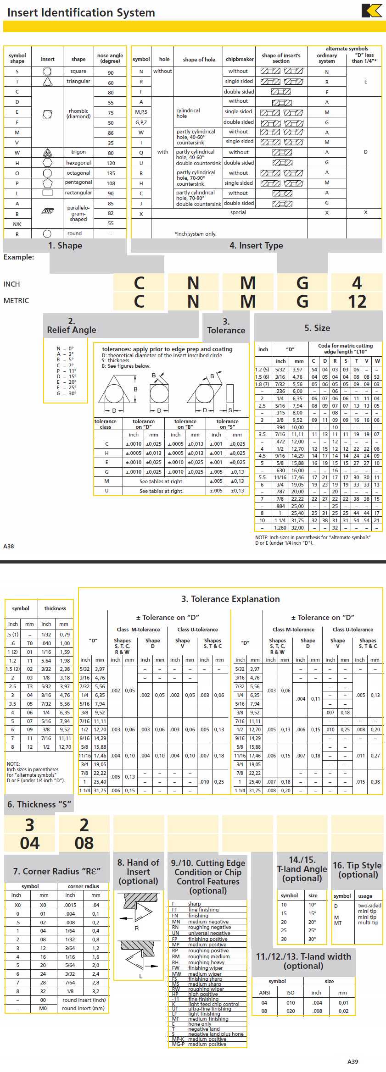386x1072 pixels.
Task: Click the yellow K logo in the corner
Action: [372, 11]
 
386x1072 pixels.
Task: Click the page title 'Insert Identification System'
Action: [81, 12]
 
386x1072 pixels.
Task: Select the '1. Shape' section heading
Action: [65, 246]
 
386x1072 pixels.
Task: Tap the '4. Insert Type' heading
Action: [256, 246]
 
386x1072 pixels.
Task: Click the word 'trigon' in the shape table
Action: [78, 152]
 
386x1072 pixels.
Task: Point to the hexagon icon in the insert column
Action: [47, 163]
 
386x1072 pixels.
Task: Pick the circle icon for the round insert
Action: [47, 234]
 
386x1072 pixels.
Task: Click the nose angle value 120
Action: [111, 163]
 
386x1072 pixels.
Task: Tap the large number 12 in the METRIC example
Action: [357, 301]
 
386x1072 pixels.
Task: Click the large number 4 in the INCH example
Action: [357, 283]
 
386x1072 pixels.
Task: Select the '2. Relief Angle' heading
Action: [72, 326]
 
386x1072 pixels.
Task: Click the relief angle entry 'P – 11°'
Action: [67, 371]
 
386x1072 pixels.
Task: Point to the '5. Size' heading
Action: [317, 328]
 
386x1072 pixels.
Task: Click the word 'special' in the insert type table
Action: [238, 213]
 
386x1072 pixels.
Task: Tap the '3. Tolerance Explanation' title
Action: [230, 599]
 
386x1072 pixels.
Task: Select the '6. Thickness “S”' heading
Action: [39, 804]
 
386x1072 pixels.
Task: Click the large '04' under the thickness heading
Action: [30, 843]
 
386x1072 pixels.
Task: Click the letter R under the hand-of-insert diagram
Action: [136, 928]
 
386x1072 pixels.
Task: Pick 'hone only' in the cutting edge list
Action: [200, 1024]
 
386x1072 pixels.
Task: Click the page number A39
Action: [352, 1061]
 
